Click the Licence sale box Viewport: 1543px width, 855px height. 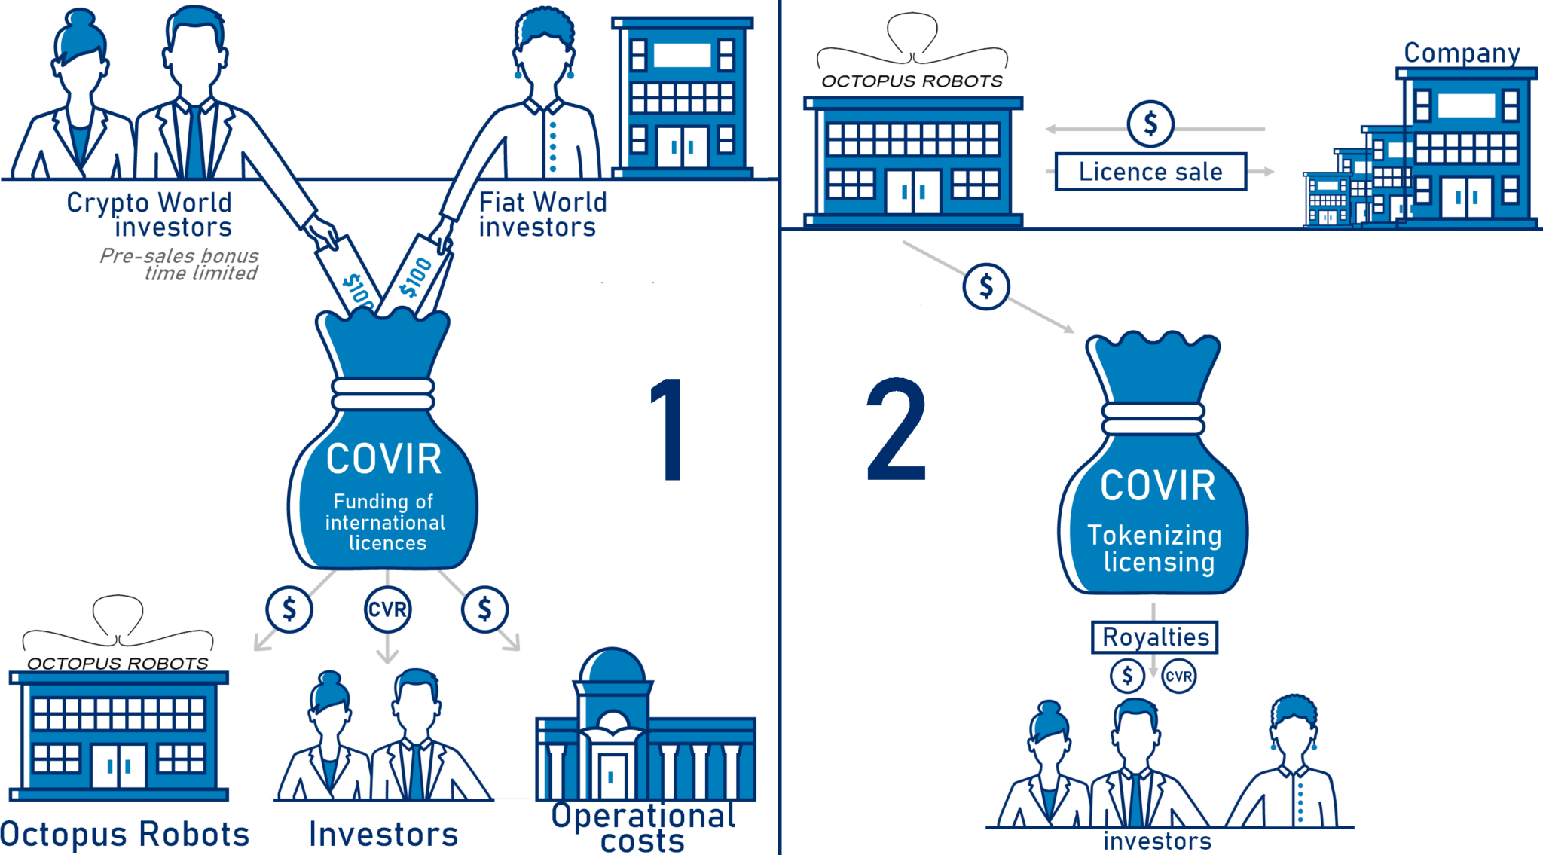coord(1150,172)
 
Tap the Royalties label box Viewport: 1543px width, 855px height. coord(1155,637)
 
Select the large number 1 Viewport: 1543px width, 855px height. coord(668,429)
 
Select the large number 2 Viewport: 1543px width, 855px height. coord(896,429)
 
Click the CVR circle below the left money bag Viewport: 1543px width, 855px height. coord(387,609)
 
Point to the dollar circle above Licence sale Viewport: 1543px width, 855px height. coord(1150,123)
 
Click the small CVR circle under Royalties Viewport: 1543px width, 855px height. coord(1178,676)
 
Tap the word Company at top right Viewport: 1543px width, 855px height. coord(1462,53)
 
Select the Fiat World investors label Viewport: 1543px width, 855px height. coord(542,215)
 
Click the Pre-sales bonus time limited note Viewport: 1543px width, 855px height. coord(181,265)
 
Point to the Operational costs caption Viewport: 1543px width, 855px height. coord(643,827)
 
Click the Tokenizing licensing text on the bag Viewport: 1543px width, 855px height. coord(1155,548)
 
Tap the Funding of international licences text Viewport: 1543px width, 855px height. coord(385,522)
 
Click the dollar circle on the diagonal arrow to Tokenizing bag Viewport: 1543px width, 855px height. coord(985,286)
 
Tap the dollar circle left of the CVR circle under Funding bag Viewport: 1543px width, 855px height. coord(289,609)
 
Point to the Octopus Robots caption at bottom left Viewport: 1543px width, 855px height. coord(125,835)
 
